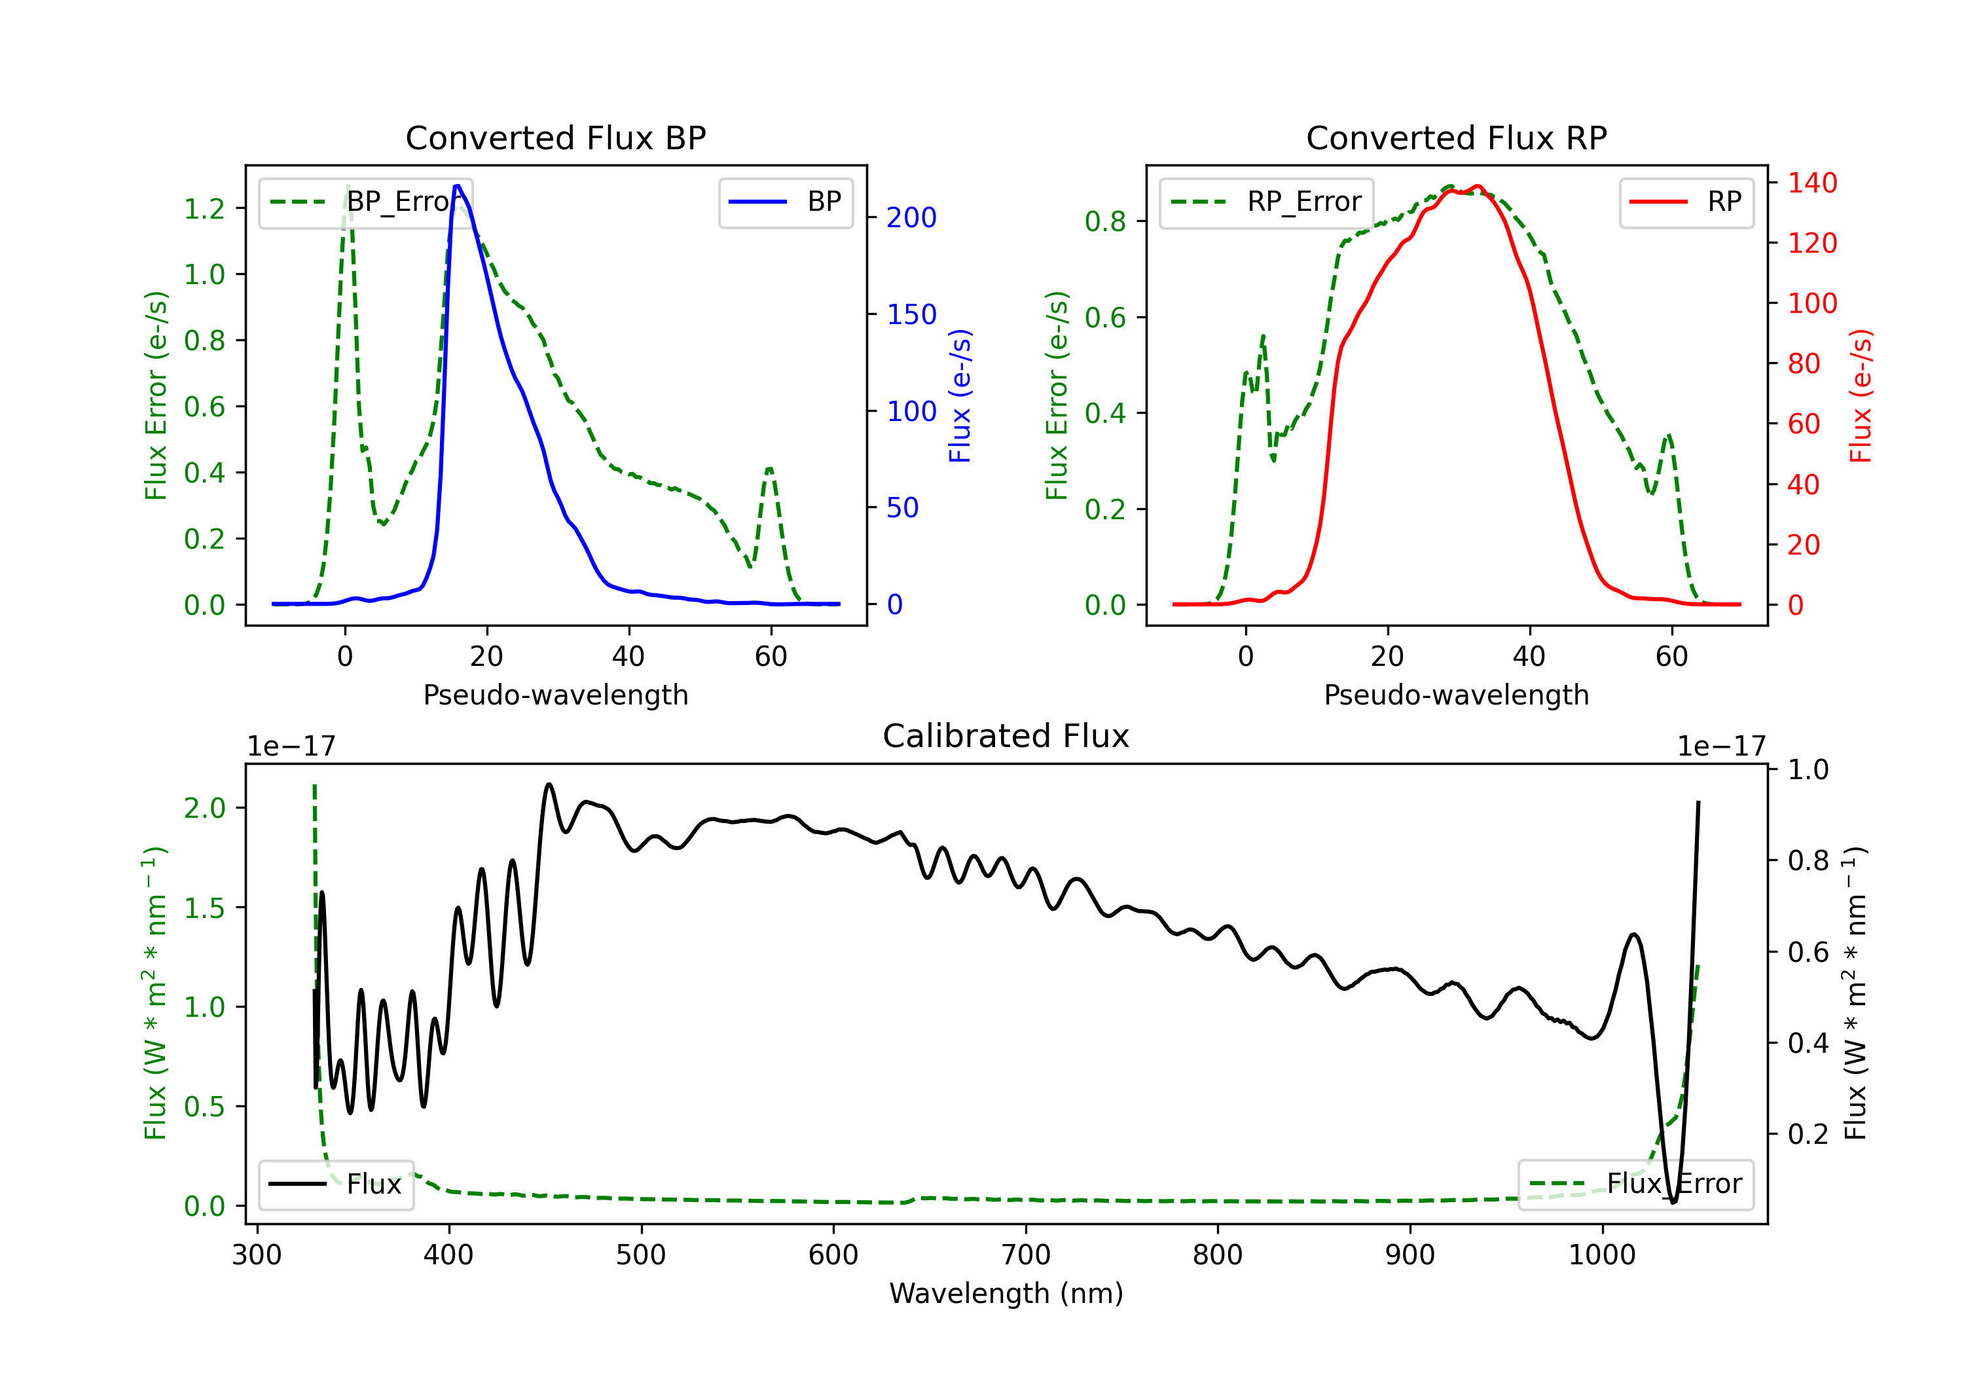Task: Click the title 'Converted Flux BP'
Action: (555, 137)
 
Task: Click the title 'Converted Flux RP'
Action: (1456, 137)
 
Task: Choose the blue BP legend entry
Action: (785, 202)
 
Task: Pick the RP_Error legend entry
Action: (1266, 202)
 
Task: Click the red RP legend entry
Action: (1686, 202)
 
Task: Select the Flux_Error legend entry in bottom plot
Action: (1635, 1184)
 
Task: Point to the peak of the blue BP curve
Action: (458, 186)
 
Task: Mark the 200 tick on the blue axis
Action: (911, 217)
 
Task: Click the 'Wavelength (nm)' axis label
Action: (1006, 1293)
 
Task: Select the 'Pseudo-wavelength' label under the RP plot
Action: (1456, 695)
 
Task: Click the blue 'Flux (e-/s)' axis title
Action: (960, 395)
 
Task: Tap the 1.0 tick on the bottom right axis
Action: (1808, 769)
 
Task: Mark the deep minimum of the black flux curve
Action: (1673, 1202)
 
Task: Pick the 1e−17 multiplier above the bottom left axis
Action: (291, 746)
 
